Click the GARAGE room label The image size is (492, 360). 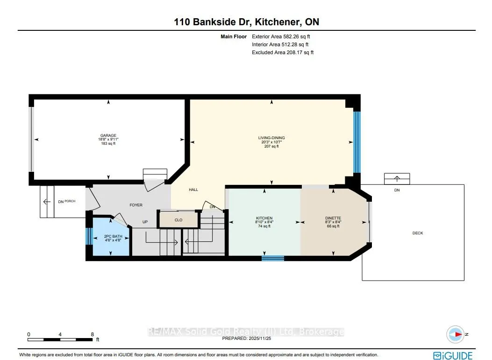[x=108, y=135]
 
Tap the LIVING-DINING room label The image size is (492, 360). [x=271, y=138]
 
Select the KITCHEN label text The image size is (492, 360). [x=264, y=218]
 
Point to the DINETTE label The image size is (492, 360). [x=333, y=218]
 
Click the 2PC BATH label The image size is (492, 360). [x=113, y=236]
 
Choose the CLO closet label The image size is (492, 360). [x=178, y=220]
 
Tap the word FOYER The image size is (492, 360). [x=136, y=205]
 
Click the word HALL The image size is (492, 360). [x=193, y=190]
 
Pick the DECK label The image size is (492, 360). [x=418, y=233]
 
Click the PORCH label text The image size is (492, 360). [x=70, y=201]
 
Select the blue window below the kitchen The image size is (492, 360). [x=273, y=258]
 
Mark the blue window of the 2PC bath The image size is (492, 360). [x=89, y=236]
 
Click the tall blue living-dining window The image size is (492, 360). [x=357, y=142]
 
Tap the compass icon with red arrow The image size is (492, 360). [x=455, y=334]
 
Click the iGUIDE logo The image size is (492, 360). [x=453, y=356]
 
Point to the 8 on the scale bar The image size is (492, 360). [x=92, y=334]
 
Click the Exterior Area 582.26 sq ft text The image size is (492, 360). [x=281, y=36]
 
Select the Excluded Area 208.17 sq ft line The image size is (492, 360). [x=283, y=52]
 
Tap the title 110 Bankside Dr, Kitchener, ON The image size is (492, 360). [x=247, y=22]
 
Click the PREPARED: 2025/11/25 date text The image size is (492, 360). [x=247, y=339]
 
